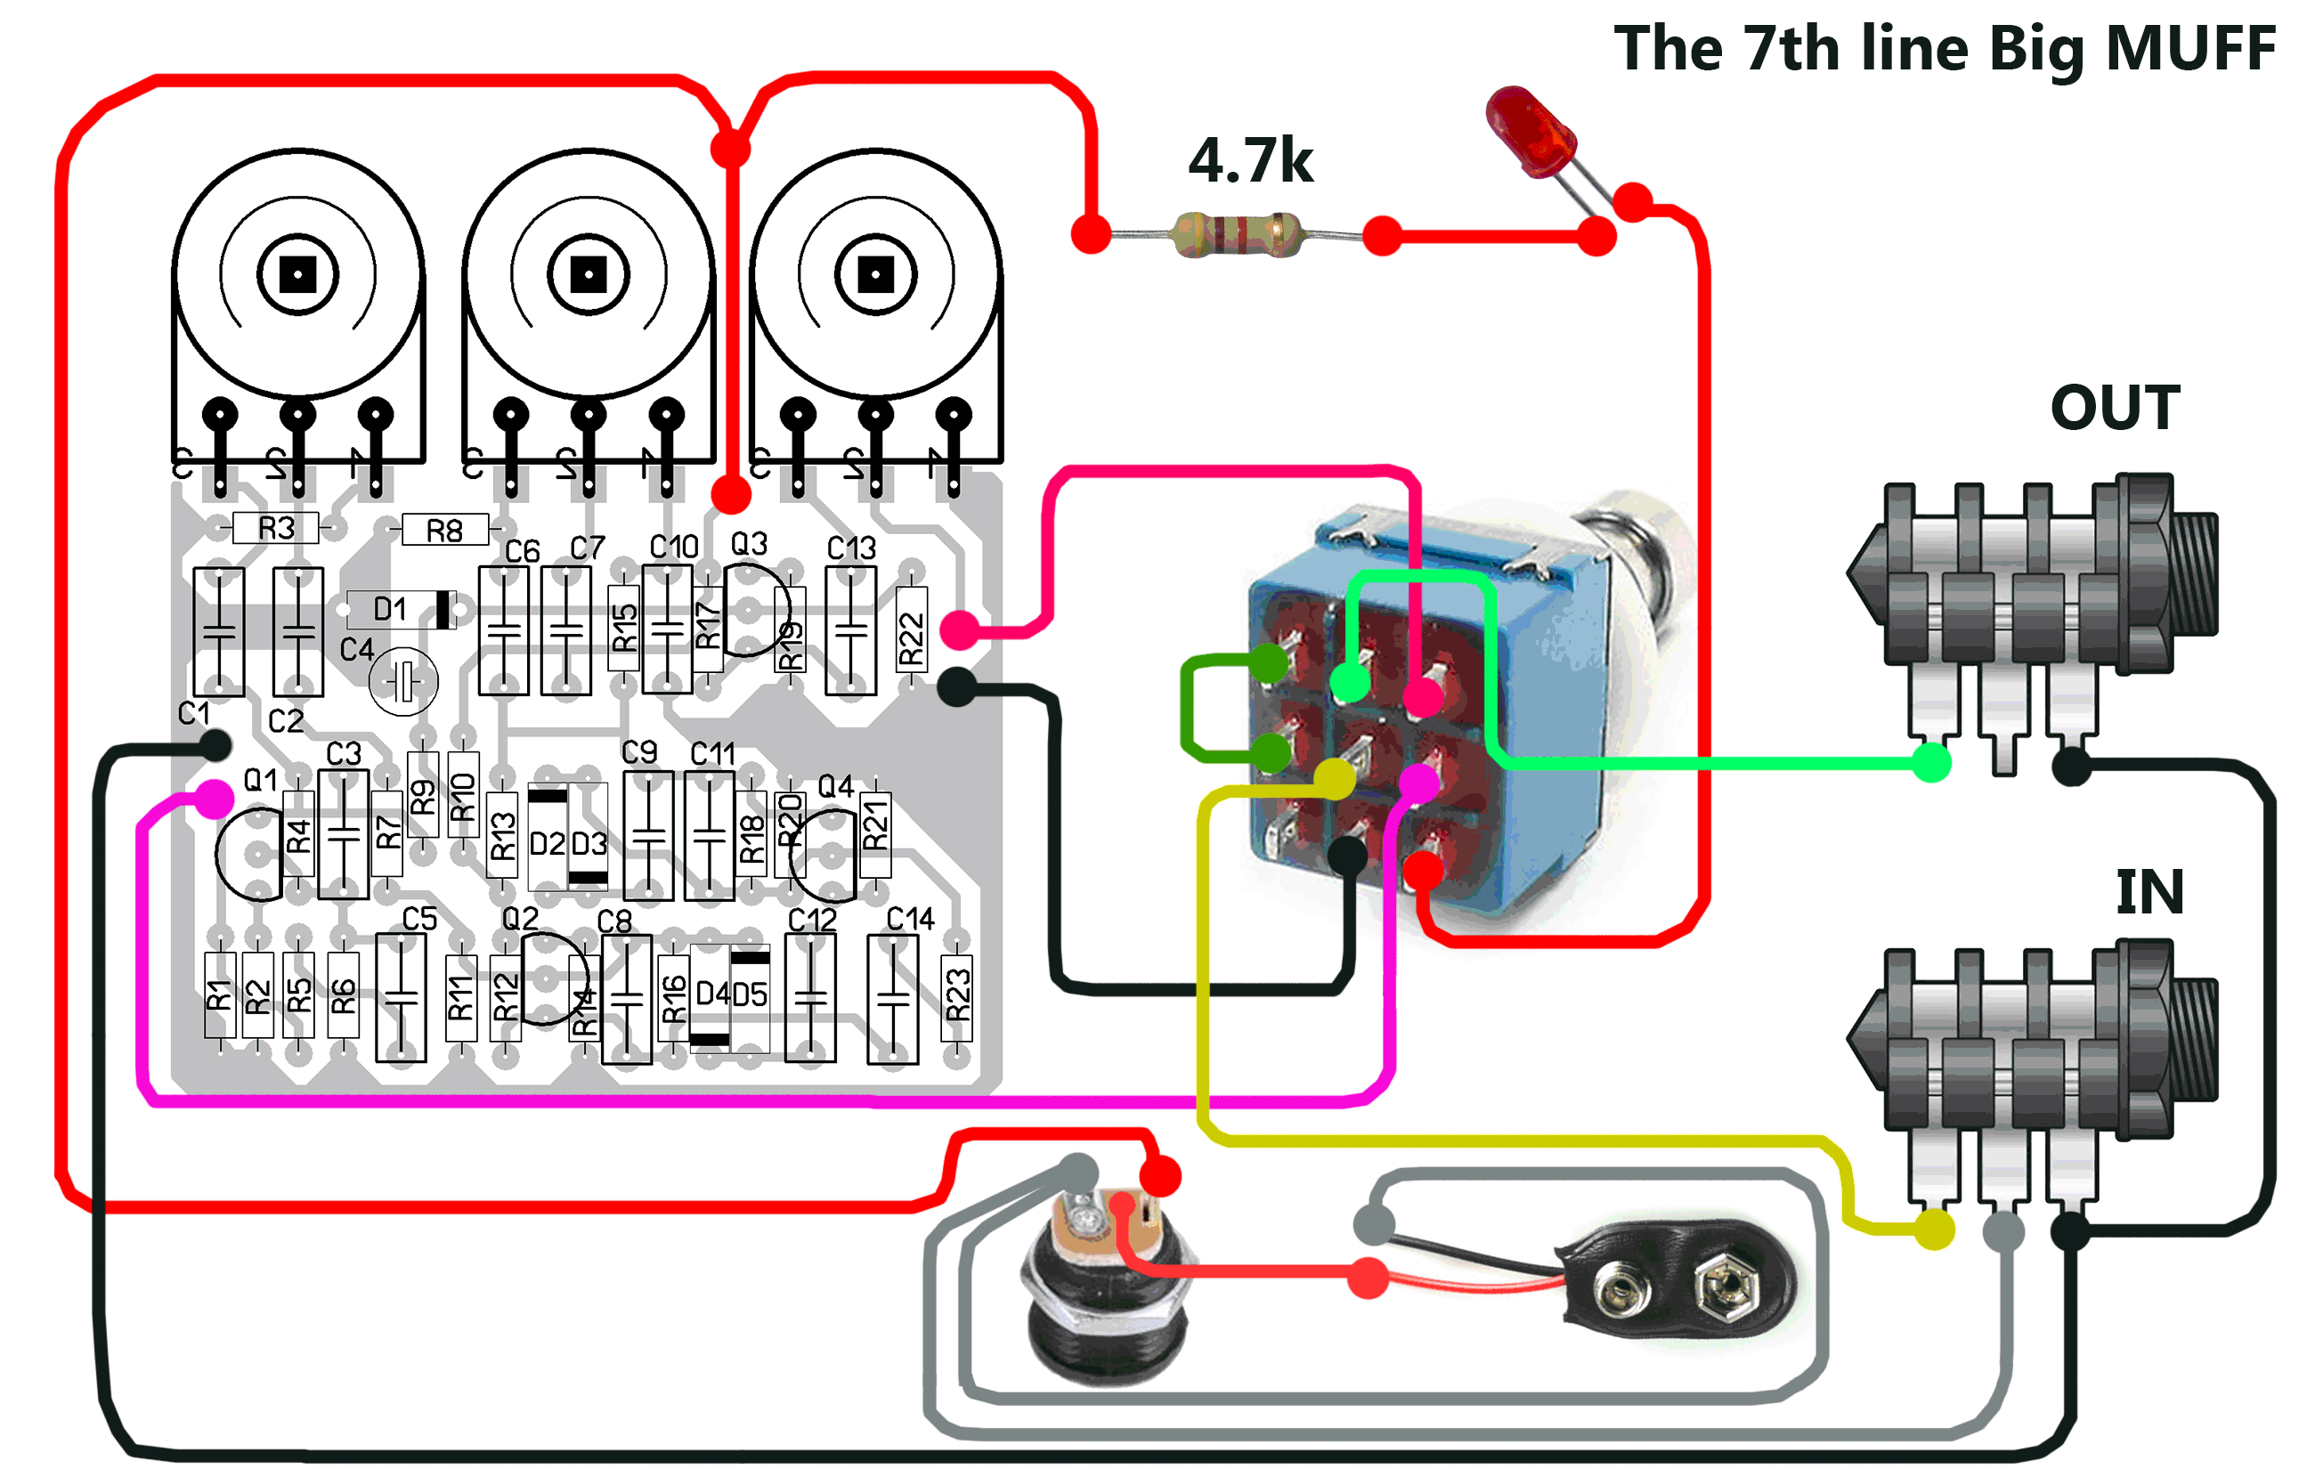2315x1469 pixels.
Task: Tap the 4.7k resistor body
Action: [1237, 234]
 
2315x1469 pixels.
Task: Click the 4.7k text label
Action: [1250, 160]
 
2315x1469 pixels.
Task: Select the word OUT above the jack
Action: [2114, 408]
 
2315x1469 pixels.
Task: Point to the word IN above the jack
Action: [2149, 892]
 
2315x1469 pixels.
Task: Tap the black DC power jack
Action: [1106, 1288]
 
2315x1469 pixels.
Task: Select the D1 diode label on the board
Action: [389, 609]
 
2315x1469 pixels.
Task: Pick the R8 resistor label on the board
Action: [444, 530]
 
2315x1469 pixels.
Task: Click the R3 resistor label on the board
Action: [276, 528]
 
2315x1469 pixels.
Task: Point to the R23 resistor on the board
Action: [956, 996]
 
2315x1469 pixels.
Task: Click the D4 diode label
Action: [711, 993]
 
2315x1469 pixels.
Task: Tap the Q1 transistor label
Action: [260, 780]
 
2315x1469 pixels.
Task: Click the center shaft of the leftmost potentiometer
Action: [298, 275]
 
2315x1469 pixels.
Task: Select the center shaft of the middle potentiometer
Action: [589, 275]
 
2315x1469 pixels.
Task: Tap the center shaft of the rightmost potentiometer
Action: [876, 275]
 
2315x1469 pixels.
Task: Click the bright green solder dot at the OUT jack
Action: [1930, 763]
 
